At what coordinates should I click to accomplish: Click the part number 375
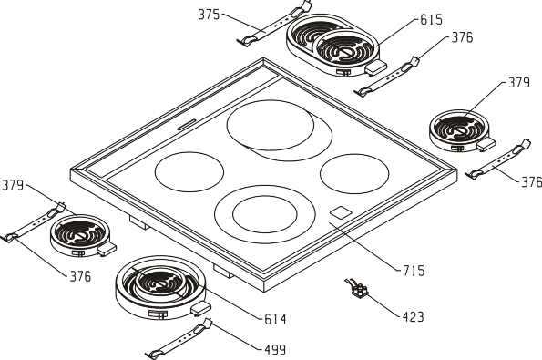click(x=210, y=15)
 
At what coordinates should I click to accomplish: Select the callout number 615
click(x=431, y=20)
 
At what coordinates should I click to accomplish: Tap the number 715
click(x=414, y=271)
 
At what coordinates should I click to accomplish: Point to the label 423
click(x=413, y=317)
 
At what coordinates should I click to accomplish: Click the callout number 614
click(x=275, y=319)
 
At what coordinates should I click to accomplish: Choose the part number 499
click(x=275, y=350)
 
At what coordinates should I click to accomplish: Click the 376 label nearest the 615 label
click(x=462, y=37)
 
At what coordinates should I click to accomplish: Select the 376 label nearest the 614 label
click(x=80, y=276)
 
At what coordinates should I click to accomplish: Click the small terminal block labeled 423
click(x=357, y=289)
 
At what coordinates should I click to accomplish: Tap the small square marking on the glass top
click(x=341, y=212)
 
